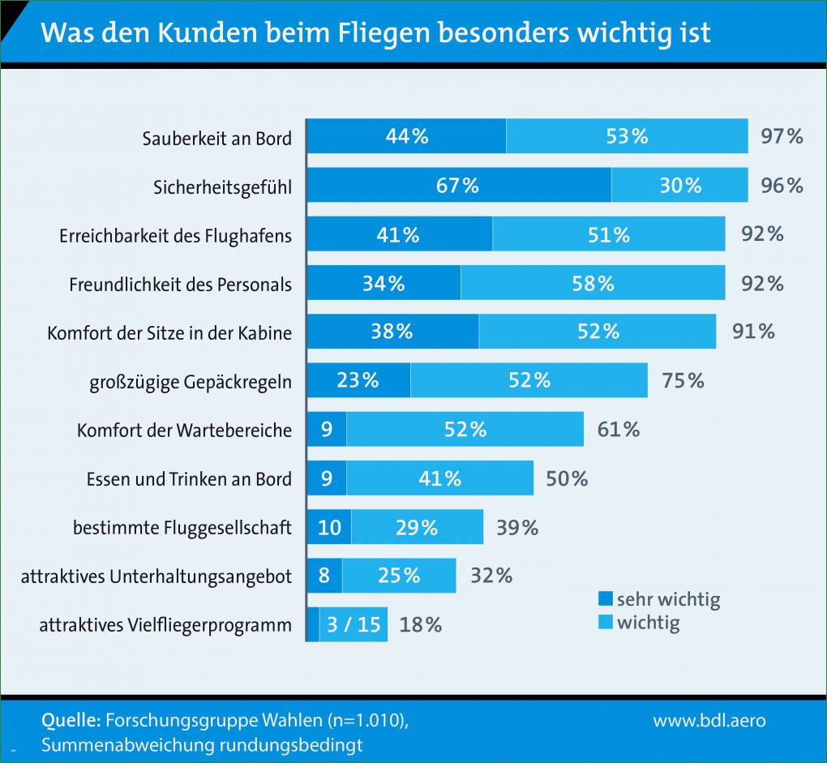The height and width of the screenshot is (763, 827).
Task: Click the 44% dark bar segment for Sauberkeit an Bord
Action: coord(406,136)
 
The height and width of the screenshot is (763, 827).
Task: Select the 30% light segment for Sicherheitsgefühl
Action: coord(679,185)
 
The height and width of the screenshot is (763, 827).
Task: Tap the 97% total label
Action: coord(782,136)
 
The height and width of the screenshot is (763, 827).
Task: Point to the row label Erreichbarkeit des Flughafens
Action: coord(175,236)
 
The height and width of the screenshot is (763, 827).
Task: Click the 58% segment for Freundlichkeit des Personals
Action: coord(593,283)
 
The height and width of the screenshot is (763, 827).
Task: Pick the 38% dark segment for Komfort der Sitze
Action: coord(392,332)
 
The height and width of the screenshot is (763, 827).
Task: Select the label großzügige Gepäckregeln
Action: coord(190,381)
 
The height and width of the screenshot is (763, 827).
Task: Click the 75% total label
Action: coord(683,380)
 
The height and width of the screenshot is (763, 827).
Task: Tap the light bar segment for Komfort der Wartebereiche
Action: coord(465,429)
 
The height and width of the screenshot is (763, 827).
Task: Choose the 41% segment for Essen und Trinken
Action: coord(439,478)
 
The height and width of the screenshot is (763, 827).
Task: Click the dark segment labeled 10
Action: coord(329,528)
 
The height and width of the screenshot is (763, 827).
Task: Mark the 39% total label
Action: coord(517,528)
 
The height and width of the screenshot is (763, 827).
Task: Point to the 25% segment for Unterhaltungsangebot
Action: coord(399,577)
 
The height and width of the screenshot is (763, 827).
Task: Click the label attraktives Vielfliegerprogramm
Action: coord(165,625)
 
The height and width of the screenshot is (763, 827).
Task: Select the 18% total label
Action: coord(421,625)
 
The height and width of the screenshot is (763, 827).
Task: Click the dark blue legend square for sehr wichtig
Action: coord(605,600)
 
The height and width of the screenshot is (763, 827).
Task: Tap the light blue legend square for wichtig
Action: coord(605,623)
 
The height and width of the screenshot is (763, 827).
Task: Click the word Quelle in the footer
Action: coord(71,720)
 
